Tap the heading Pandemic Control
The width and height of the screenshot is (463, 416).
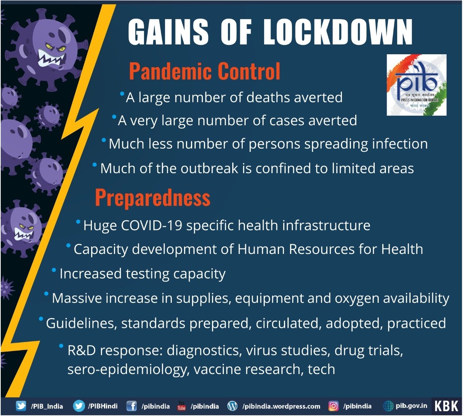tap(204, 71)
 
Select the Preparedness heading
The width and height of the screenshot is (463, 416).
tap(152, 198)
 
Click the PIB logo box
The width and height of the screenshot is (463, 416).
tap(416, 85)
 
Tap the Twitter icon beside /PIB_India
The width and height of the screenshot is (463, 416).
tap(21, 406)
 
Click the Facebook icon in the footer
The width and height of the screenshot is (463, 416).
tap(131, 406)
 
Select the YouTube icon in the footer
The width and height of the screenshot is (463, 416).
tap(181, 406)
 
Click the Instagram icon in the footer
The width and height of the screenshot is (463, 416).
tap(333, 406)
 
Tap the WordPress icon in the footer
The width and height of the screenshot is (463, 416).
tap(232, 406)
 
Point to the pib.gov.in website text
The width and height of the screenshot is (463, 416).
tap(411, 406)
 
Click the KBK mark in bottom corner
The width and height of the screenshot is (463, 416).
tap(446, 406)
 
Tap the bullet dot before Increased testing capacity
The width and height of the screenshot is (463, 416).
tap(54, 270)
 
